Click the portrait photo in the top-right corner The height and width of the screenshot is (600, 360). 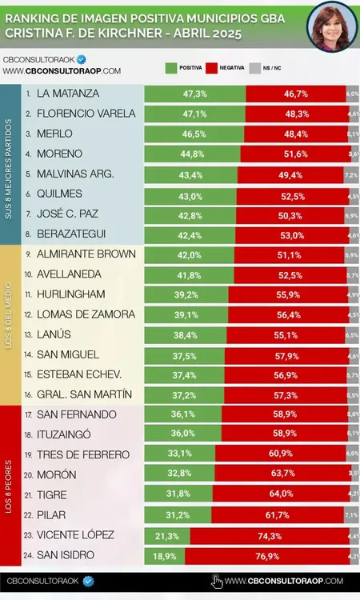(x=332, y=27)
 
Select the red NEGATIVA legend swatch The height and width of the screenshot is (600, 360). (x=213, y=69)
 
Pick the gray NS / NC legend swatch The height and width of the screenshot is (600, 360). (x=255, y=69)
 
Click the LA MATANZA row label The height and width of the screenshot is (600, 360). (x=69, y=94)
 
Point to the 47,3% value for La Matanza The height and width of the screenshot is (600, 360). (x=194, y=94)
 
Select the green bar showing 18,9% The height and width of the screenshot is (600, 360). (x=164, y=555)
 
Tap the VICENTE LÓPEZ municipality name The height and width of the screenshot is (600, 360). (x=76, y=535)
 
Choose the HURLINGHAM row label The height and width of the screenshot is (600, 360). (x=71, y=294)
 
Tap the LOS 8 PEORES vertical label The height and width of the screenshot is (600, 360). (x=9, y=486)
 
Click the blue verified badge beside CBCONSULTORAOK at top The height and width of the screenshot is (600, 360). (x=81, y=59)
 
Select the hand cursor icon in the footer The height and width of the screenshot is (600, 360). (x=216, y=581)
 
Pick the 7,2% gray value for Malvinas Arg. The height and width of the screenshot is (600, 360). (x=350, y=174)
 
